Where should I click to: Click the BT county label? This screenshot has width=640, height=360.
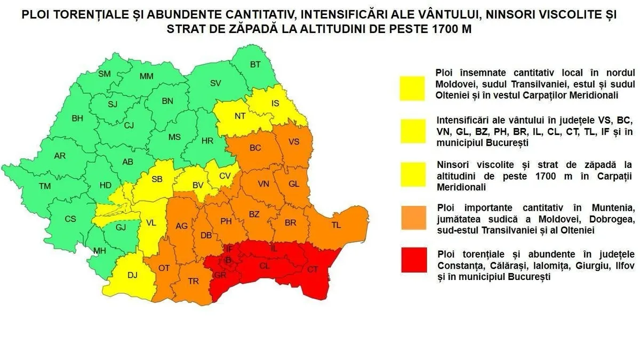[255, 65]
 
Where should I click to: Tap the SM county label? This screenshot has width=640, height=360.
[105, 74]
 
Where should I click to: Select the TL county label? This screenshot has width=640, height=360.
[336, 225]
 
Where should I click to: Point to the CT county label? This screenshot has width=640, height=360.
[313, 269]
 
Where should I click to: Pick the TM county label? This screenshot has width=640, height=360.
[44, 186]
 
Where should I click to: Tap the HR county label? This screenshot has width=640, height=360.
[207, 141]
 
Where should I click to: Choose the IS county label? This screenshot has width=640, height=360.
[275, 103]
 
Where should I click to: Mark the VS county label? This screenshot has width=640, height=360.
[294, 142]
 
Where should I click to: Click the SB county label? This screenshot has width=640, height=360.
[157, 179]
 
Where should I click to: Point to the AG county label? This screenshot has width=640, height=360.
[182, 226]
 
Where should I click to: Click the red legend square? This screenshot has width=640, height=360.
[414, 260]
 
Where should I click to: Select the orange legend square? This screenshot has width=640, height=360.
[414, 218]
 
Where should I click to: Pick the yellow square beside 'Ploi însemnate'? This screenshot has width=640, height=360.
[414, 89]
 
